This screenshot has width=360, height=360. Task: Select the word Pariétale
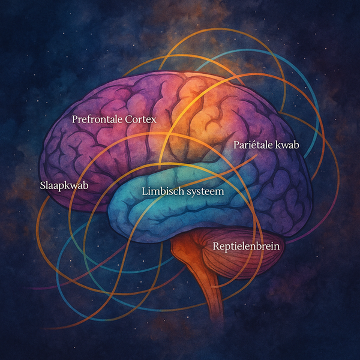(251, 145)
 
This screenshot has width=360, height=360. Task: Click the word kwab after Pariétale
(287, 145)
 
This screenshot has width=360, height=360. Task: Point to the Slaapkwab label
(63, 185)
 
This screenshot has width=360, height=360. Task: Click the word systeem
(205, 193)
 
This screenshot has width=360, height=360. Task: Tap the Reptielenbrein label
(246, 245)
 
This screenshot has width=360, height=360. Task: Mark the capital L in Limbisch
(145, 192)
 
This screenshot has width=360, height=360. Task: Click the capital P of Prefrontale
(75, 119)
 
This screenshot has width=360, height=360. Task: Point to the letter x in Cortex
(154, 120)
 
